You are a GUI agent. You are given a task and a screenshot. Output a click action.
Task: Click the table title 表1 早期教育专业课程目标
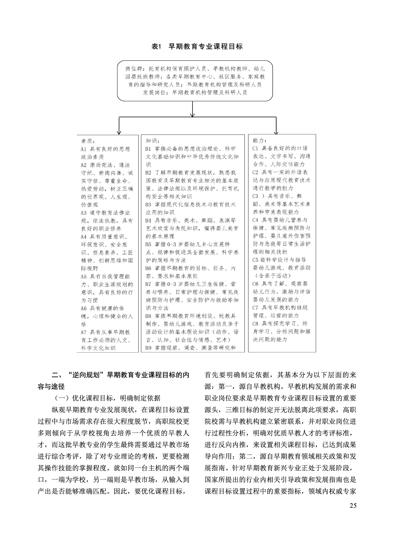(x=197, y=47)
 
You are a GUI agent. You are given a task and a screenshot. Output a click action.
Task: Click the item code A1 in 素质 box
(x=84, y=149)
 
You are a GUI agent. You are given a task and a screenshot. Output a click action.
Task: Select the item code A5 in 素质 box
(x=84, y=276)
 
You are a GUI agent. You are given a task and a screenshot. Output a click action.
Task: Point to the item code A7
(x=84, y=332)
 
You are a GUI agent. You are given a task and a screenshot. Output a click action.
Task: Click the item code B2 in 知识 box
(x=148, y=172)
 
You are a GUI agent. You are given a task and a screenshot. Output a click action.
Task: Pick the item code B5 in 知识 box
(x=148, y=244)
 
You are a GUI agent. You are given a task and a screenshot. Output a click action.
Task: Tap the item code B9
(x=148, y=348)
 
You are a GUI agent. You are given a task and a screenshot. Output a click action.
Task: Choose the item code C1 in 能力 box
(x=255, y=148)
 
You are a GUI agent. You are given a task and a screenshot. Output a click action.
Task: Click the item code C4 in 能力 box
(x=255, y=220)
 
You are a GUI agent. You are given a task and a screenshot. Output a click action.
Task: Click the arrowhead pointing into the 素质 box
(x=118, y=132)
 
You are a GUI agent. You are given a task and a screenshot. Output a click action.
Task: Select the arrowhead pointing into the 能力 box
(x=276, y=132)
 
